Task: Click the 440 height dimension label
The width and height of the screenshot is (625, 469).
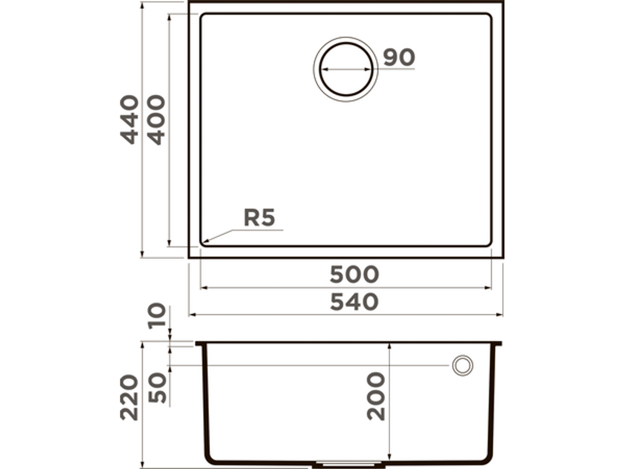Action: coord(130,119)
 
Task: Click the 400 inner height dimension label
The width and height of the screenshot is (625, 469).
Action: coord(156,119)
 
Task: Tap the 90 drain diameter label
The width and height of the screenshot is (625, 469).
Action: coord(399,58)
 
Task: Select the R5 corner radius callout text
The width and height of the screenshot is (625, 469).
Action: coord(259,218)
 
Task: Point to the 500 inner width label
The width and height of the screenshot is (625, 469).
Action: coord(354,275)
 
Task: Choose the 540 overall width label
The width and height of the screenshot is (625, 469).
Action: coord(354,302)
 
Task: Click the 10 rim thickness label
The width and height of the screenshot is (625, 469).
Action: coord(157,315)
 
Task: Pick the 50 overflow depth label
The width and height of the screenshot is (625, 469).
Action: coord(157,387)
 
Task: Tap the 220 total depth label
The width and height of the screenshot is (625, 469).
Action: coord(130,397)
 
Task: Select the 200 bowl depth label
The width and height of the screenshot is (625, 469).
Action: coord(376,396)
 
